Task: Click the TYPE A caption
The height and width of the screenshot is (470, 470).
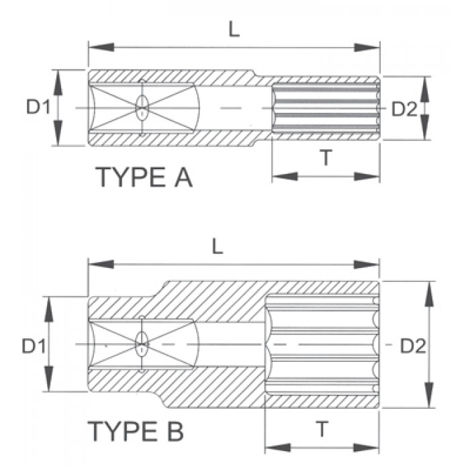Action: coord(144,178)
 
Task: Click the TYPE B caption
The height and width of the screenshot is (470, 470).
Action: coord(136,431)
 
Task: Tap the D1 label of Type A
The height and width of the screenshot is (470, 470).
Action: coord(38,107)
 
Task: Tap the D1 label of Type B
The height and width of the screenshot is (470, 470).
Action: coord(33,346)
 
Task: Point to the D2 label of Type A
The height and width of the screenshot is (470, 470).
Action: coord(404,109)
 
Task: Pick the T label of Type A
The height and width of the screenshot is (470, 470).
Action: coord(326,158)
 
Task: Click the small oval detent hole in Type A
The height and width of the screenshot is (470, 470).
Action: coord(142,107)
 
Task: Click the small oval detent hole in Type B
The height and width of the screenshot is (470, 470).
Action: coord(142,345)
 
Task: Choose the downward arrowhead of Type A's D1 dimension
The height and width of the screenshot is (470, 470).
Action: coord(59,137)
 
